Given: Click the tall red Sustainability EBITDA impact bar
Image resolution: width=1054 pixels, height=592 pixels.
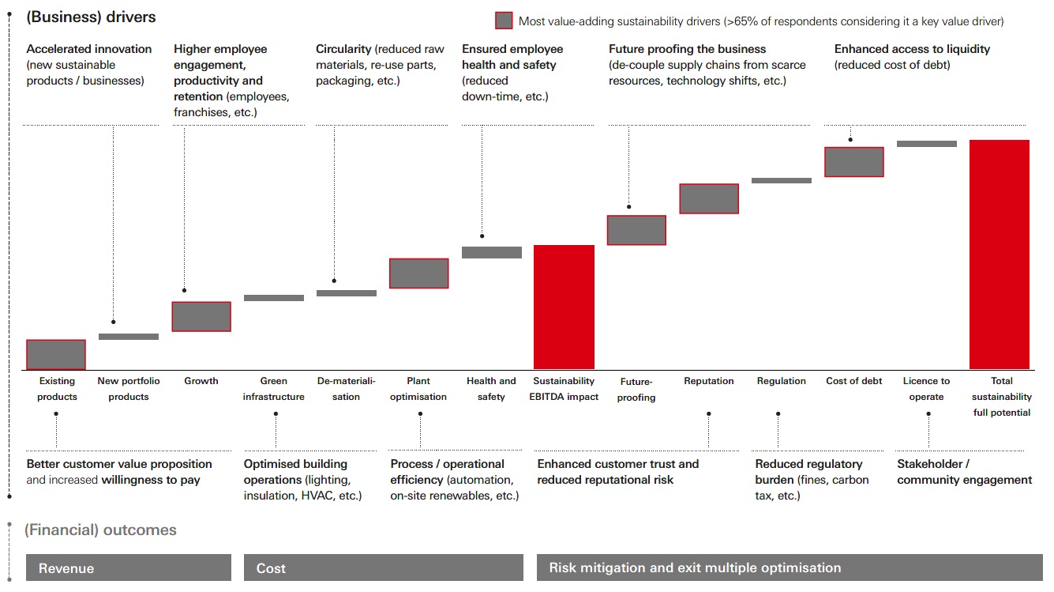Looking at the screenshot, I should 564,307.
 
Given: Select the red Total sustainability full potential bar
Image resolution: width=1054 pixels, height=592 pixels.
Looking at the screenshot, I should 1000,255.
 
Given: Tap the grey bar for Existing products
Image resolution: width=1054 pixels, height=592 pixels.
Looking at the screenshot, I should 56,355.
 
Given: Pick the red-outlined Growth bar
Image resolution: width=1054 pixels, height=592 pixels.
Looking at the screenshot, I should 201,316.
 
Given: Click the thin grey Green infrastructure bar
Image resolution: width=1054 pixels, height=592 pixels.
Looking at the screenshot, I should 273,298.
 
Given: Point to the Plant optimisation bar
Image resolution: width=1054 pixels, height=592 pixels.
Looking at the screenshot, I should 418,273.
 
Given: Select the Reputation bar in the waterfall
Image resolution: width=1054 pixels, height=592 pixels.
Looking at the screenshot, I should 709,199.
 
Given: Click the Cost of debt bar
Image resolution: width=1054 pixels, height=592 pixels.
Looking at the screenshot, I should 853,162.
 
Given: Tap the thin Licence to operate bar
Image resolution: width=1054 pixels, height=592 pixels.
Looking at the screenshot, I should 926,144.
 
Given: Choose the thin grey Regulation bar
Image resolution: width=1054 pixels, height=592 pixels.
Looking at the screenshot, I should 781,180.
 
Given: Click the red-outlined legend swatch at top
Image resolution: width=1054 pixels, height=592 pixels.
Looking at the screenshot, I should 504,21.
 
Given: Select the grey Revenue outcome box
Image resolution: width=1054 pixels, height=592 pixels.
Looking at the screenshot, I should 129,567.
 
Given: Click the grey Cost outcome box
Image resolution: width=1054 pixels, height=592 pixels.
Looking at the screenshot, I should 383,567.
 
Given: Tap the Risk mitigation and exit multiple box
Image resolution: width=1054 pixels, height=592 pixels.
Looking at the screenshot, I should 790,567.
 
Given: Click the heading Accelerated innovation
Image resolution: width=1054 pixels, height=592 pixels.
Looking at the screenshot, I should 89,49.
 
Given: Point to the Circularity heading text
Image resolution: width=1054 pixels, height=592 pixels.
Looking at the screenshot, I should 343,49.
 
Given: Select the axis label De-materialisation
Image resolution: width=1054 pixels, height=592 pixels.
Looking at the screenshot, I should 346,389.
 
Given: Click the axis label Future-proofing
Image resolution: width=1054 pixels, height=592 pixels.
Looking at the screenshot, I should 636,389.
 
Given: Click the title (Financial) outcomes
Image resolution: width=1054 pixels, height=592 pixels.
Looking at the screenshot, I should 100,530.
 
